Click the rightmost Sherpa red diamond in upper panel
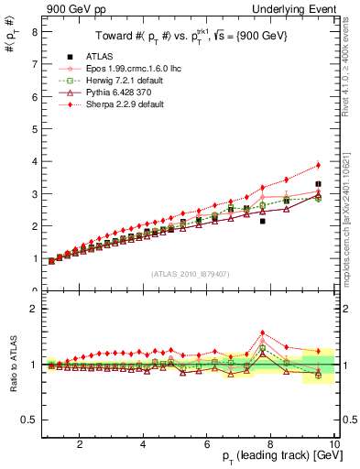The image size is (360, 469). (319, 165)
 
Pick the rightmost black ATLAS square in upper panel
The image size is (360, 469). (319, 184)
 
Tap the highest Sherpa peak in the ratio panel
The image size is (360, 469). (263, 333)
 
